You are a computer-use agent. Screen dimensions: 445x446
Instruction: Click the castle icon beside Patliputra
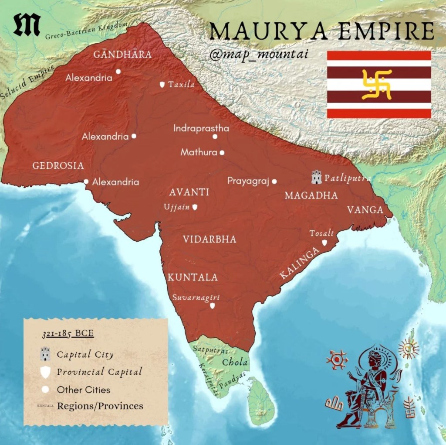pyautogui.click(x=317, y=177)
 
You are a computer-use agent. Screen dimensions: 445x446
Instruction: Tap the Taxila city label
pyautogui.click(x=181, y=85)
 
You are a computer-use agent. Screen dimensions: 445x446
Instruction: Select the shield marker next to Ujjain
pyautogui.click(x=195, y=207)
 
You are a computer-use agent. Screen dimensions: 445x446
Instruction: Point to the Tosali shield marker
pyautogui.click(x=324, y=243)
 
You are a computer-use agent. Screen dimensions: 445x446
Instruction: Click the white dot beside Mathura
pyautogui.click(x=222, y=153)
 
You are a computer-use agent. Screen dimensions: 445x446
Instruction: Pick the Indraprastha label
pyautogui.click(x=201, y=129)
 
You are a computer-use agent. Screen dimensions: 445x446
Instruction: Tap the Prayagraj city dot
pyautogui.click(x=274, y=181)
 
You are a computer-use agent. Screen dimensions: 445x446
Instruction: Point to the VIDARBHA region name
pyautogui.click(x=209, y=239)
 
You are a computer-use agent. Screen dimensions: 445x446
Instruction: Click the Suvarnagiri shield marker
pyautogui.click(x=212, y=306)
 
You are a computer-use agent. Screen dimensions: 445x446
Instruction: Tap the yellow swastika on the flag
pyautogui.click(x=377, y=84)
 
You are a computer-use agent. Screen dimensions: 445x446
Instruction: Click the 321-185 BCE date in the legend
pyautogui.click(x=68, y=335)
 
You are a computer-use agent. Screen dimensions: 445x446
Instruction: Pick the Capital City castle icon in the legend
pyautogui.click(x=44, y=354)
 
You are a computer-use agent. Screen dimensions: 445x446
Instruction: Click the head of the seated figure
pyautogui.click(x=374, y=360)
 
